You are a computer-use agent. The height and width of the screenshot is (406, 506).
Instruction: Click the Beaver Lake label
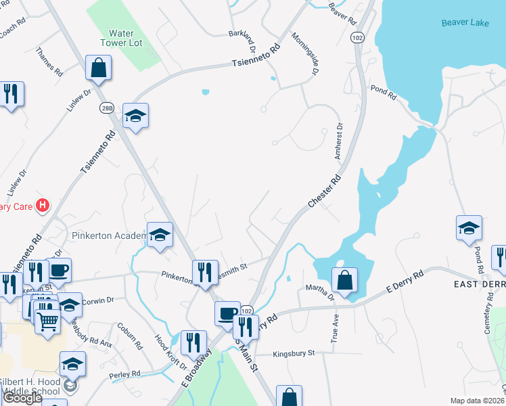coord(465,23)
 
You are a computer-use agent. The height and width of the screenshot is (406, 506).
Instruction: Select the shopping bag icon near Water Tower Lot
coord(99,68)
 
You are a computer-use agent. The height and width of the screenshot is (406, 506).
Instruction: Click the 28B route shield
coord(106,108)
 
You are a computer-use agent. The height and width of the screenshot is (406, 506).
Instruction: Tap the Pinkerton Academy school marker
coord(160,235)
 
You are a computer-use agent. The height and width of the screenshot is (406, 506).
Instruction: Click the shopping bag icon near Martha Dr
coord(344,279)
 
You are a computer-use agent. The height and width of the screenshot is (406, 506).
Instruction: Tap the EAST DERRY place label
coord(479,285)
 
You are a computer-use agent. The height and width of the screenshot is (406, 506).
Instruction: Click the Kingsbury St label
coord(294,354)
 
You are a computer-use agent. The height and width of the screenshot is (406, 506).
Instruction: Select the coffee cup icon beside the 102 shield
coord(228,313)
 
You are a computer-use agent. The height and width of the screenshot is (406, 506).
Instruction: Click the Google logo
coord(22,398)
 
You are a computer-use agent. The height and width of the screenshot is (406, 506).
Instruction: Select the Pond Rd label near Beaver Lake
coord(383,93)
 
